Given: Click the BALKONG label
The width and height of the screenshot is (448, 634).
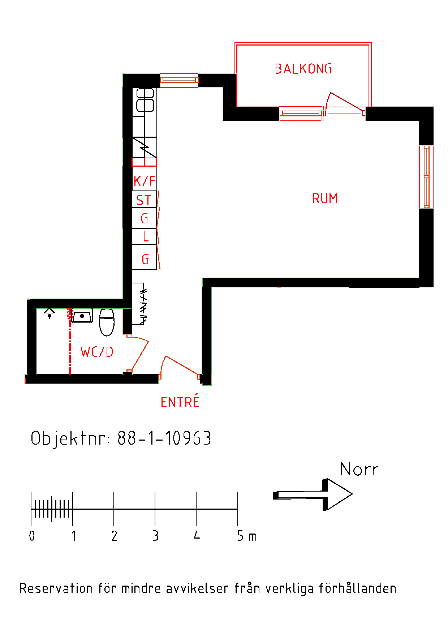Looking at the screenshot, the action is coord(303,69).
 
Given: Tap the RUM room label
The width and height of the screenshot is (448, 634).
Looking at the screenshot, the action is coord(325,198).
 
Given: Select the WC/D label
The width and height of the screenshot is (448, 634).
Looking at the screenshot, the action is coord(97,352).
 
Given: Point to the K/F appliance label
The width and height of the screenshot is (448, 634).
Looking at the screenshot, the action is coord(145,181).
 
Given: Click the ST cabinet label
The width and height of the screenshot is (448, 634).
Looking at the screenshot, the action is coord(143,200).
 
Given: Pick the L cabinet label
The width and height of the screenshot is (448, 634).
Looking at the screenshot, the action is coord(146,237).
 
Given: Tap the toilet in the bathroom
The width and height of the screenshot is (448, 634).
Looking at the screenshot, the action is coord(107,322).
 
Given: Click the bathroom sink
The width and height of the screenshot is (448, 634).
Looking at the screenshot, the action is coord(82,316).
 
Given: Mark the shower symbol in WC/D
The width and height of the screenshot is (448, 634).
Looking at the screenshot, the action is coord(49,313).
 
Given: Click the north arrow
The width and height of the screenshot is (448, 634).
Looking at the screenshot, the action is coord(313,494).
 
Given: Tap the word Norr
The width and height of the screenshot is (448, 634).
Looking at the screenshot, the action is coord(359,470).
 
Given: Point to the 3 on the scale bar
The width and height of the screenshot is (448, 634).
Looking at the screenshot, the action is coord(155,536).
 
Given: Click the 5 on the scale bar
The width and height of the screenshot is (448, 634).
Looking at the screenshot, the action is coord(240,536).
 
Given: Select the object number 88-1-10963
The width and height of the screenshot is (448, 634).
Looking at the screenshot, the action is coord(164,438).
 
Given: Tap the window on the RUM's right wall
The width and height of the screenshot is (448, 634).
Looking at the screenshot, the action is coord(426,177).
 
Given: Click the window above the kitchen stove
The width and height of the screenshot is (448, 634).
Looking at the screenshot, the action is coord(179,80).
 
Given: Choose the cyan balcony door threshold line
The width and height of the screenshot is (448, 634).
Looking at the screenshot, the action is coord(344,113).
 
